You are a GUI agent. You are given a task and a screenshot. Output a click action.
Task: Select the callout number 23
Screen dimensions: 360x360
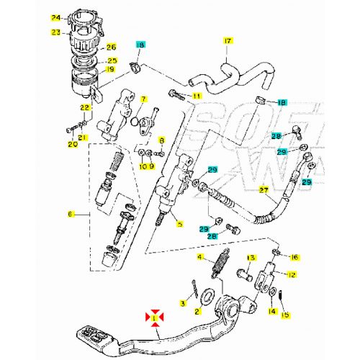(x=56, y=32)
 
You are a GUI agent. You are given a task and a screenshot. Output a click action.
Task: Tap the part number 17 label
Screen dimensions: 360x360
(x=228, y=41)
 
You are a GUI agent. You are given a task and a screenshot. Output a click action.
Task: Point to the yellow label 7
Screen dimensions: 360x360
(x=143, y=99)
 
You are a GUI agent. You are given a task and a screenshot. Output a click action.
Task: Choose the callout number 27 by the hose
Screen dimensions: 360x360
(x=264, y=191)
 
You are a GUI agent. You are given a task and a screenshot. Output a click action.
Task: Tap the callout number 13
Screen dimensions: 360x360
(x=251, y=258)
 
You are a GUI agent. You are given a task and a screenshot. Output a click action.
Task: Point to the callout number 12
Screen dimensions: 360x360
(x=291, y=274)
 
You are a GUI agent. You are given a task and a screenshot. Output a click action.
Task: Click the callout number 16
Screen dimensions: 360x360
(x=293, y=257)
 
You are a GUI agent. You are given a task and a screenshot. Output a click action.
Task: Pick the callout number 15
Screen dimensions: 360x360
(x=284, y=314)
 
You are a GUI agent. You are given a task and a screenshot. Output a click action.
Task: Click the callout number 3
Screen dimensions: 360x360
(x=183, y=304)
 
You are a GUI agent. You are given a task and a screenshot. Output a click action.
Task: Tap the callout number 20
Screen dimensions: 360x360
(x=72, y=144)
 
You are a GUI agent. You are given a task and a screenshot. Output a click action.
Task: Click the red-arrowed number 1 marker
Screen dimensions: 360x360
(x=153, y=316)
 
